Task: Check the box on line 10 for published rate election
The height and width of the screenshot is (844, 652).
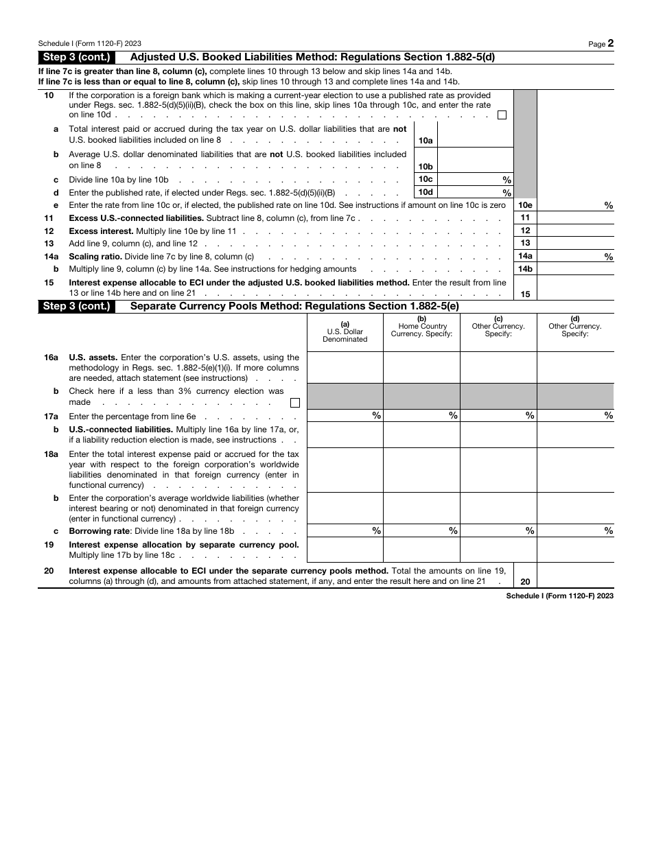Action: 502,115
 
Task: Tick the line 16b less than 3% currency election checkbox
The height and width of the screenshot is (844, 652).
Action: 295,403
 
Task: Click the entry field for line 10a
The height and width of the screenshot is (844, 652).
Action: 475,134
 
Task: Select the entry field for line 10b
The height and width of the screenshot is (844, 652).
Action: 475,160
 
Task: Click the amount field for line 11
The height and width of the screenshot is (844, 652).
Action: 575,218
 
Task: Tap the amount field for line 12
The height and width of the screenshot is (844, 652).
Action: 575,231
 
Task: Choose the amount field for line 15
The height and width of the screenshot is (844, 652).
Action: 575,288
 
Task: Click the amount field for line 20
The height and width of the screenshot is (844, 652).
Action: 575,576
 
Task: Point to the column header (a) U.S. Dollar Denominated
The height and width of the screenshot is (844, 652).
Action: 345,332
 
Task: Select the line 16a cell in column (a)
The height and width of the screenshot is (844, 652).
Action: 345,367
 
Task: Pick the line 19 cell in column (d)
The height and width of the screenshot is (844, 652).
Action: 575,550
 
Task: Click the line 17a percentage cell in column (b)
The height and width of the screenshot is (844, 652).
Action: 421,416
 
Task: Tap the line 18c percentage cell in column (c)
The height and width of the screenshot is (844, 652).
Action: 498,530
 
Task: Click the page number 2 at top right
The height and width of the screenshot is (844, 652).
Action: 610,43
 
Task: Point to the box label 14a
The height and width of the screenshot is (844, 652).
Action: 525,257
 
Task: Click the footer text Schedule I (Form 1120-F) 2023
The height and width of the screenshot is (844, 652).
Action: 559,596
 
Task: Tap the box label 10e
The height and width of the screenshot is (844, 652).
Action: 525,205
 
